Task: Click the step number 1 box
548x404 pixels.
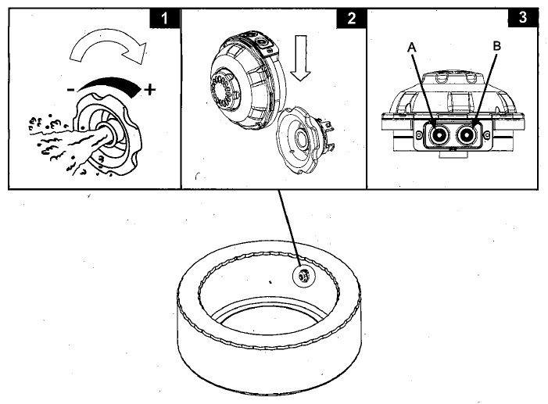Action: [165, 17]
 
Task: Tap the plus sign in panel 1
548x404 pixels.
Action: [150, 90]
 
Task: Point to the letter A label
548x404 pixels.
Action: [411, 47]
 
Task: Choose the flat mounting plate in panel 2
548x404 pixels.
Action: [306, 141]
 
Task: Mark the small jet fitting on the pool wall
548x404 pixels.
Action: [304, 274]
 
